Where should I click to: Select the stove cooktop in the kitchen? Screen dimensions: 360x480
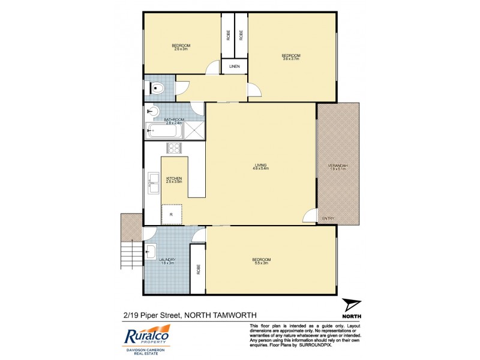[x=174, y=148]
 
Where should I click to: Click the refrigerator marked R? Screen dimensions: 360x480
[x=172, y=214]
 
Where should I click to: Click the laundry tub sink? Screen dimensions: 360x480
[x=151, y=250]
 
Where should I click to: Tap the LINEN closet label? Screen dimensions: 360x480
[x=235, y=67]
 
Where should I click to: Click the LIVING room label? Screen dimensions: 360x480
[x=260, y=166]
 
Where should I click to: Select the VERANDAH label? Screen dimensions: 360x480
[x=338, y=167]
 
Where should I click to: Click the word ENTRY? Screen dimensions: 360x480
[x=329, y=218]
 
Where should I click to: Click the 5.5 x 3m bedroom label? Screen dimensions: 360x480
[x=262, y=260]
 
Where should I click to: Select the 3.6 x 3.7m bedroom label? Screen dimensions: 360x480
[x=291, y=57]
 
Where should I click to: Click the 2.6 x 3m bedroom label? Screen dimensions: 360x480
[x=181, y=47]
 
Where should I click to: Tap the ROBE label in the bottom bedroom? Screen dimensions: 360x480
[x=198, y=270]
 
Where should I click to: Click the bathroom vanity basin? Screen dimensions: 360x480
[x=152, y=111]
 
